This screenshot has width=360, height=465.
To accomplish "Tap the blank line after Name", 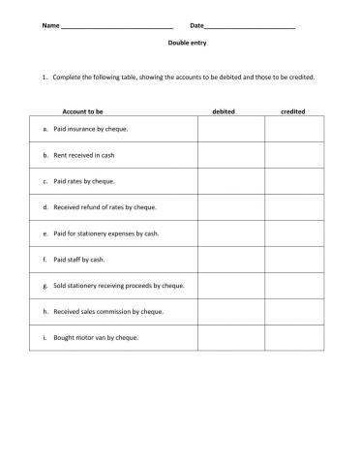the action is pos(115,25).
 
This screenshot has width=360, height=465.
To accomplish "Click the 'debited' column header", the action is pos(223,111).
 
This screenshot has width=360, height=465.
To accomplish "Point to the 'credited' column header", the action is pos(293,111).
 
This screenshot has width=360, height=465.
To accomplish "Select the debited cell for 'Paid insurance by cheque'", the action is pos(231,129).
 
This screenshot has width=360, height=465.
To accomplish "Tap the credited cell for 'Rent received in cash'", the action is pos(298,155).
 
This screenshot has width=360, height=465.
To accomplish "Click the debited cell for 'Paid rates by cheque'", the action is pos(231,181).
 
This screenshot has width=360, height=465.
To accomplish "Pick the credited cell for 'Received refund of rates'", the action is pos(298,207).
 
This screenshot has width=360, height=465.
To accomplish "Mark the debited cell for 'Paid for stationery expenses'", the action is pos(231,233).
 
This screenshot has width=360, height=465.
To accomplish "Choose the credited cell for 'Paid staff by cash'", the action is pos(298,260).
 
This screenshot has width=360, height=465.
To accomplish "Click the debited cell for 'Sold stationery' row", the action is pos(231,286).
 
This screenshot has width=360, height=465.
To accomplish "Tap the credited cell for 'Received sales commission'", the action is pos(298,312).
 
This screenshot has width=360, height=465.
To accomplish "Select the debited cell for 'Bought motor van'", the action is pos(231,338).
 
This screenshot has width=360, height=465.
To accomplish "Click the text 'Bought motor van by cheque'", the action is pos(96,338).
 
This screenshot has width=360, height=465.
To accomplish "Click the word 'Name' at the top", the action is pos(50,25).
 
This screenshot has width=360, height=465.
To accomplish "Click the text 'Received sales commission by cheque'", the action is pos(108,312).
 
